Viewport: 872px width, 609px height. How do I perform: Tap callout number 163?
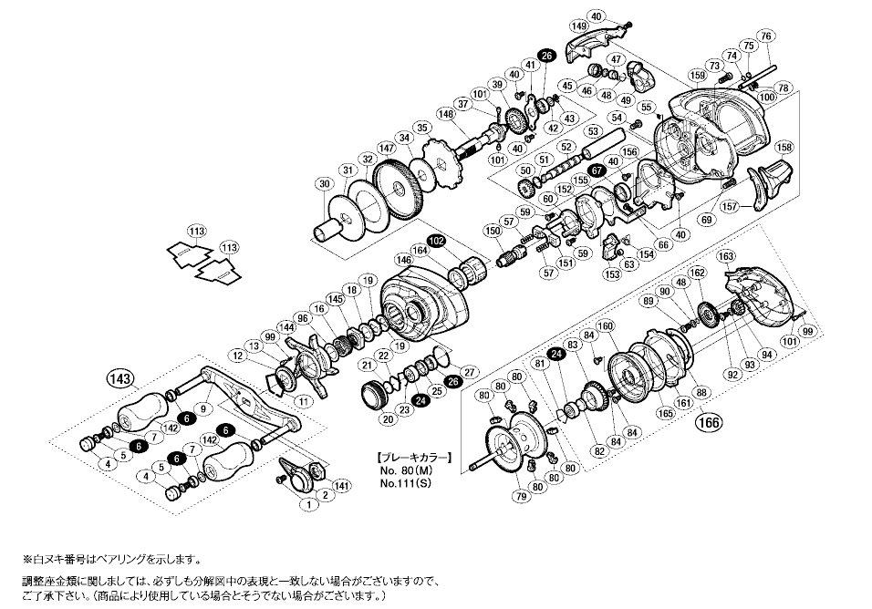click(726, 256)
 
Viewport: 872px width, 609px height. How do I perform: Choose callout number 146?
click(404, 260)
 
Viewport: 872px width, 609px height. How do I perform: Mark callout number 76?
click(764, 36)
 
